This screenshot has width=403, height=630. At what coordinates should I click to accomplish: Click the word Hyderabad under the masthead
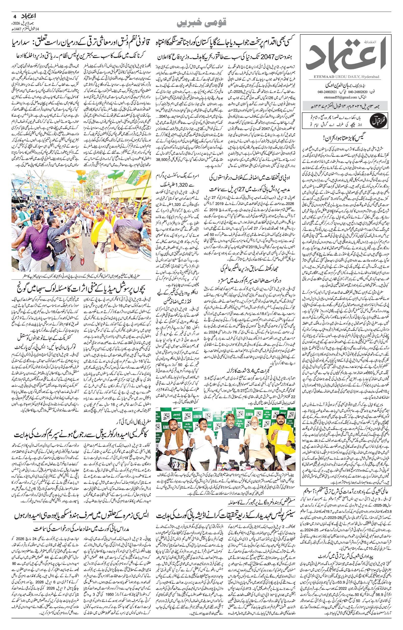(x=371, y=76)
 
